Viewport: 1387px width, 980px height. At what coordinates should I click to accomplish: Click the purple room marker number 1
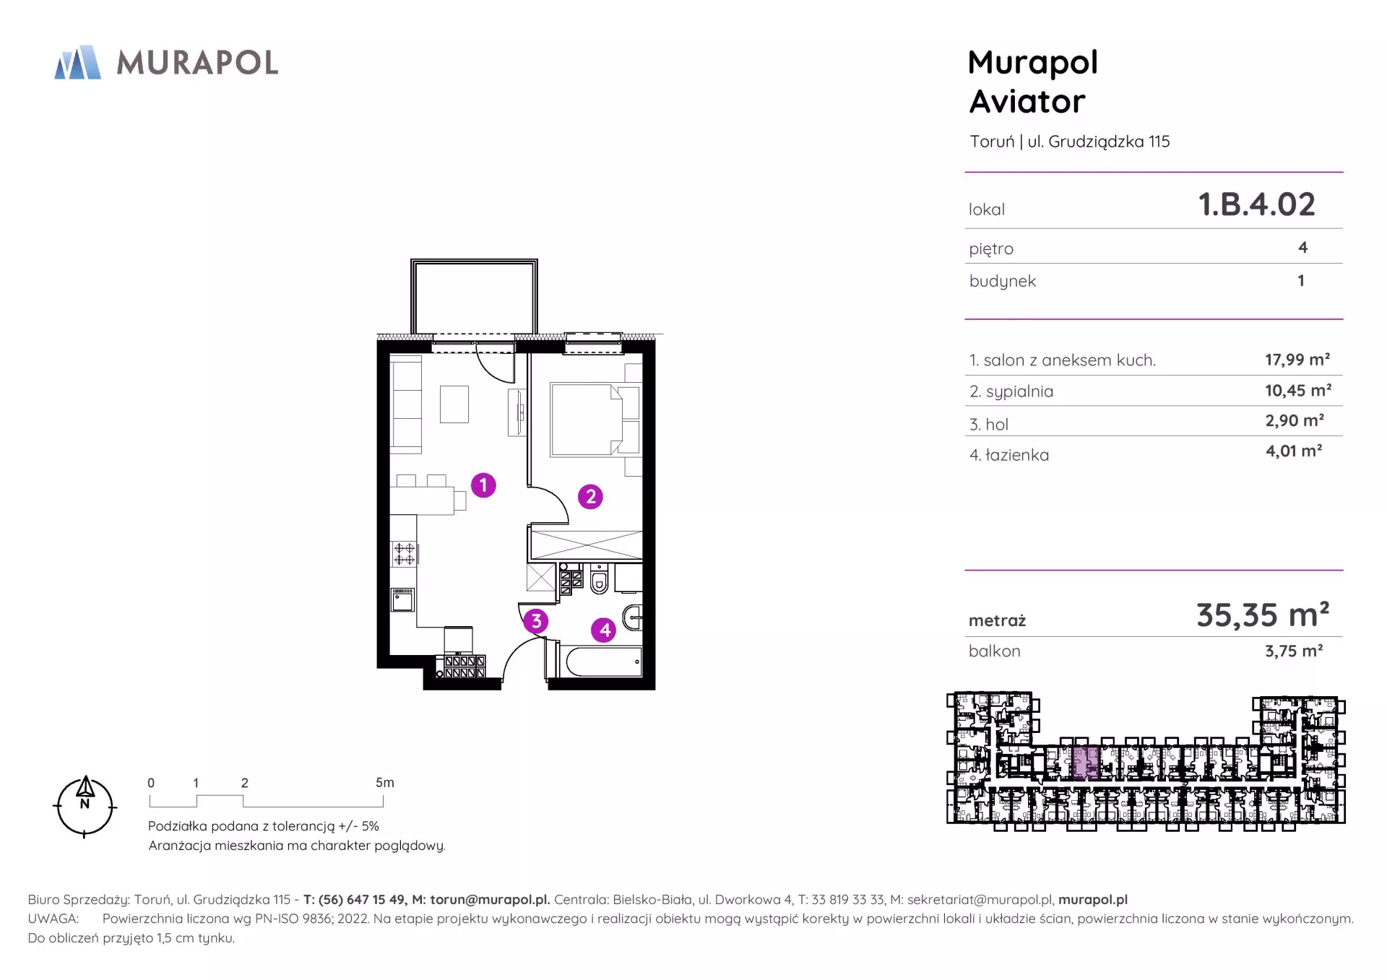483,485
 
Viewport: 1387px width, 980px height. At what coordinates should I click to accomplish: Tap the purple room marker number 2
590,496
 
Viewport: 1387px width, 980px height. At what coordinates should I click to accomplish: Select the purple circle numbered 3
535,621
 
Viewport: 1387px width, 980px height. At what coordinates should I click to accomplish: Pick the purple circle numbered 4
604,630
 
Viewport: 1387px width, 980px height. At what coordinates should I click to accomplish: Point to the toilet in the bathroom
599,578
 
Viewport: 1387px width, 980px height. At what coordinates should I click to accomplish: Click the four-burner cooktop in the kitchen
404,554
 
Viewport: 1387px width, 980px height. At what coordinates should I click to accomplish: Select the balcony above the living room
474,297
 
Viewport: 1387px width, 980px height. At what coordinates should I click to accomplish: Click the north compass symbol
85,807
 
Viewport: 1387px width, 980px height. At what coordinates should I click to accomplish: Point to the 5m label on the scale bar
385,783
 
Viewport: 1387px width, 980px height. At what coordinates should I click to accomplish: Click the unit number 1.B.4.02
1256,204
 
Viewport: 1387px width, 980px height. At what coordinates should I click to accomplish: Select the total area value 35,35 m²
1263,615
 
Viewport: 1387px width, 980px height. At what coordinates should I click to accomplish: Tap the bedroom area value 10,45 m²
1297,391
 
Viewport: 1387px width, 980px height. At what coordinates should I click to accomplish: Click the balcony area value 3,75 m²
1294,651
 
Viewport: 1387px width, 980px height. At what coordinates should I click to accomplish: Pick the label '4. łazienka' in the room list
1009,455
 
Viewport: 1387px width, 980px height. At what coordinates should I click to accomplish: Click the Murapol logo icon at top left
77,62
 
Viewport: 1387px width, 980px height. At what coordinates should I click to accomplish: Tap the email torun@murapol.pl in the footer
490,900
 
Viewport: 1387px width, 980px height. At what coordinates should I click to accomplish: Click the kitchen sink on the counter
403,600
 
